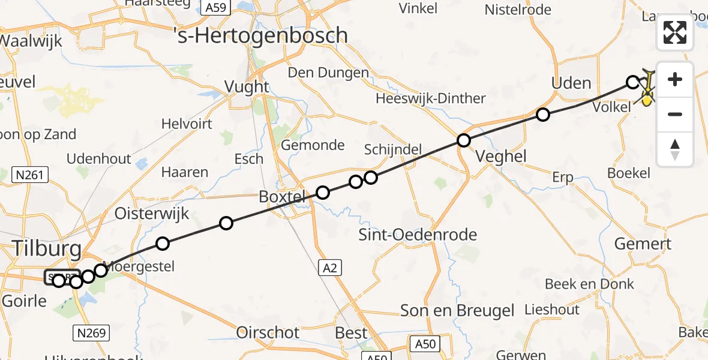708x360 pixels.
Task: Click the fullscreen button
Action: pos(675,32)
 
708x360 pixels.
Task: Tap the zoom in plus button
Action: pos(675,79)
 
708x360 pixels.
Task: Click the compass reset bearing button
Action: pos(675,149)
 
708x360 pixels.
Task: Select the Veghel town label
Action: pos(500,157)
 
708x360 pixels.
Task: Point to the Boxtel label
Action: pos(283,196)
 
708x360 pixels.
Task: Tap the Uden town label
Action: pos(571,83)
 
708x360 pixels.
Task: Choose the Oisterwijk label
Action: pos(152,214)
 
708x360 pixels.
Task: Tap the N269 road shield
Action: pos(90,331)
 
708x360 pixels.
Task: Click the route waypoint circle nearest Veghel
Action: pos(464,141)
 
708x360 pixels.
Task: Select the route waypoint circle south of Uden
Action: pos(543,115)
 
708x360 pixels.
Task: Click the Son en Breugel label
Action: pos(457,310)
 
